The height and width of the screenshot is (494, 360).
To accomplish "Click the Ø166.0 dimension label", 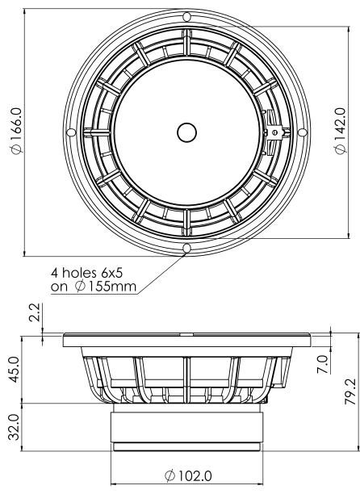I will click(x=13, y=131).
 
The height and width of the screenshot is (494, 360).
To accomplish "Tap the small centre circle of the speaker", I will click(x=186, y=132).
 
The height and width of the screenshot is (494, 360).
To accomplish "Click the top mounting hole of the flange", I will click(x=186, y=16).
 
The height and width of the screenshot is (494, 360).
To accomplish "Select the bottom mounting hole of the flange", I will click(x=186, y=247).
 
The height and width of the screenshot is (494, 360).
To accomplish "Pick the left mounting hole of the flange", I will click(x=71, y=132).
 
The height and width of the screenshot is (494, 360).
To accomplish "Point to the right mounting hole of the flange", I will click(x=303, y=132).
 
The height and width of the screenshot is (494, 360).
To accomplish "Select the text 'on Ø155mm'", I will click(x=93, y=287).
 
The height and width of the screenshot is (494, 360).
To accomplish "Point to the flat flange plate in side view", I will click(x=186, y=339).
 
